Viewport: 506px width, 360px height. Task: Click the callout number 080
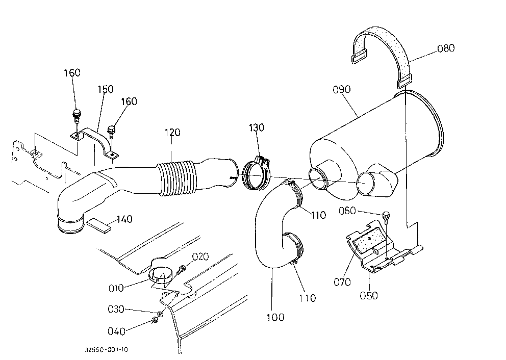[446, 48]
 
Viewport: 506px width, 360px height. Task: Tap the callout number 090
[341, 89]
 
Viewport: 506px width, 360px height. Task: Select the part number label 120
[172, 132]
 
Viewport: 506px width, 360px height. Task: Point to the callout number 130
[257, 127]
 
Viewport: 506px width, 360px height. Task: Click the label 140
[124, 219]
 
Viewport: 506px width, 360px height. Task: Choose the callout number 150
[106, 89]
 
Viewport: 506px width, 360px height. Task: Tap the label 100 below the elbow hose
[275, 317]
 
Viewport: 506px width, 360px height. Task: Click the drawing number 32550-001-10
[107, 350]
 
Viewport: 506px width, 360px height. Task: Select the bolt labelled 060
[386, 218]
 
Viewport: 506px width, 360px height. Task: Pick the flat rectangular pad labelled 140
[98, 225]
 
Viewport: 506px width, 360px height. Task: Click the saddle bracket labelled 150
[94, 142]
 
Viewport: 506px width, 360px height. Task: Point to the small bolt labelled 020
[182, 269]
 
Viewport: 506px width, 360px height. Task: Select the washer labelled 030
[160, 314]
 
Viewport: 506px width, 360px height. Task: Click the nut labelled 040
[154, 321]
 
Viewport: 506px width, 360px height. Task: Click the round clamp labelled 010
[161, 275]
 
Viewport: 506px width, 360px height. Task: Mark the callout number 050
[368, 295]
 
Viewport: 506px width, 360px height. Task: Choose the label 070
[342, 282]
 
